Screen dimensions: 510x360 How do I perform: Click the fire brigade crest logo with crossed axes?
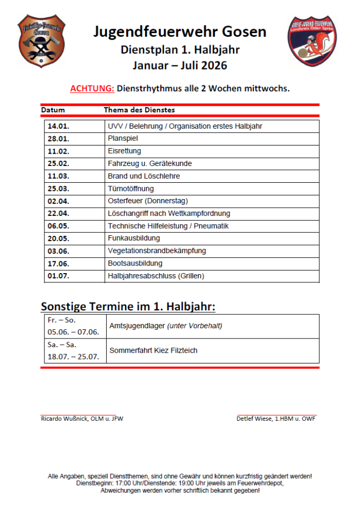pos(42,41)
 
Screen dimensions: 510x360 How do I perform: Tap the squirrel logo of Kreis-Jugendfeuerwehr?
pos(311,41)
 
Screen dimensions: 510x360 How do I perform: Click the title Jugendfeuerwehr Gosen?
pos(180,32)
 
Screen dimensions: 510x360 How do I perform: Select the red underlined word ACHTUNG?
pos(92,88)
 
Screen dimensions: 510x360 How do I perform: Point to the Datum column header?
pos(53,110)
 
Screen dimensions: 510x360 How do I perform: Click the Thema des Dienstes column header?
pos(139,110)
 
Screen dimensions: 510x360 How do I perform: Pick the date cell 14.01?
pos(59,126)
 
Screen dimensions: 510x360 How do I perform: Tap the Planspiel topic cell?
pos(123,138)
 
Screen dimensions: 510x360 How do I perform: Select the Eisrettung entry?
pos(125,151)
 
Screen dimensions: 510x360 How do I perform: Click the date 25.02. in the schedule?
pos(59,163)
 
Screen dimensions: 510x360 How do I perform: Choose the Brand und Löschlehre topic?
pos(144,176)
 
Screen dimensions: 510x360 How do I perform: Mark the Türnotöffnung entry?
pos(131,188)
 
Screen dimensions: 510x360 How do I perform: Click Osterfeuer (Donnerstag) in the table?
pos(148,201)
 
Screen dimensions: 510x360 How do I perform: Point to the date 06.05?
pos(59,226)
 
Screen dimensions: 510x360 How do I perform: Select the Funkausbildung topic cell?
pos(134,238)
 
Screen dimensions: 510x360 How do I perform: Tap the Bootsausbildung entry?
pos(135,263)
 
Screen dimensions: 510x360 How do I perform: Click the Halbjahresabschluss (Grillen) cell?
pos(156,276)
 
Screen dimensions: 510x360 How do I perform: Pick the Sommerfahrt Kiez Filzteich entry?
pos(154,351)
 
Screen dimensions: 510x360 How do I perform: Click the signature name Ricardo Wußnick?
pos(64,419)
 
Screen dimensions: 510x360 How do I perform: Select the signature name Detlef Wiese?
pos(254,419)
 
